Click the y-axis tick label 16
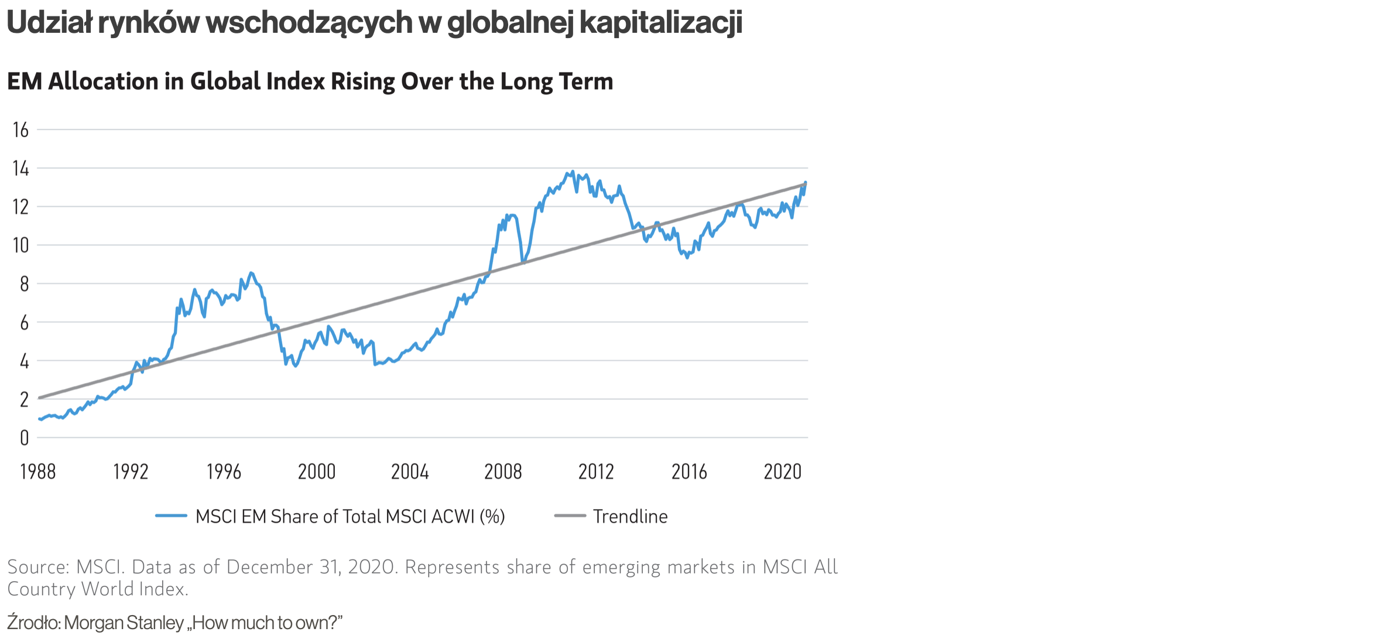[x=20, y=130]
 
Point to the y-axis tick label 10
[x=20, y=245]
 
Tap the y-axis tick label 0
[x=24, y=438]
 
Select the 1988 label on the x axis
[x=38, y=472]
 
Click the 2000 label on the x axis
[x=317, y=472]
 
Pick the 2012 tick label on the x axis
[x=596, y=472]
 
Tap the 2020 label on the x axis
[x=782, y=472]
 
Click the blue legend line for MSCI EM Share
[x=171, y=516]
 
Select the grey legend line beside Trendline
[x=570, y=516]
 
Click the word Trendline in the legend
[x=630, y=517]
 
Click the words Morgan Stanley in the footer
[x=124, y=623]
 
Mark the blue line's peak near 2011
[x=572, y=172]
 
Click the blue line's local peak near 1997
[x=251, y=273]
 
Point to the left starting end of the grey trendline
[x=39, y=398]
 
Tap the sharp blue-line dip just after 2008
[x=522, y=262]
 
